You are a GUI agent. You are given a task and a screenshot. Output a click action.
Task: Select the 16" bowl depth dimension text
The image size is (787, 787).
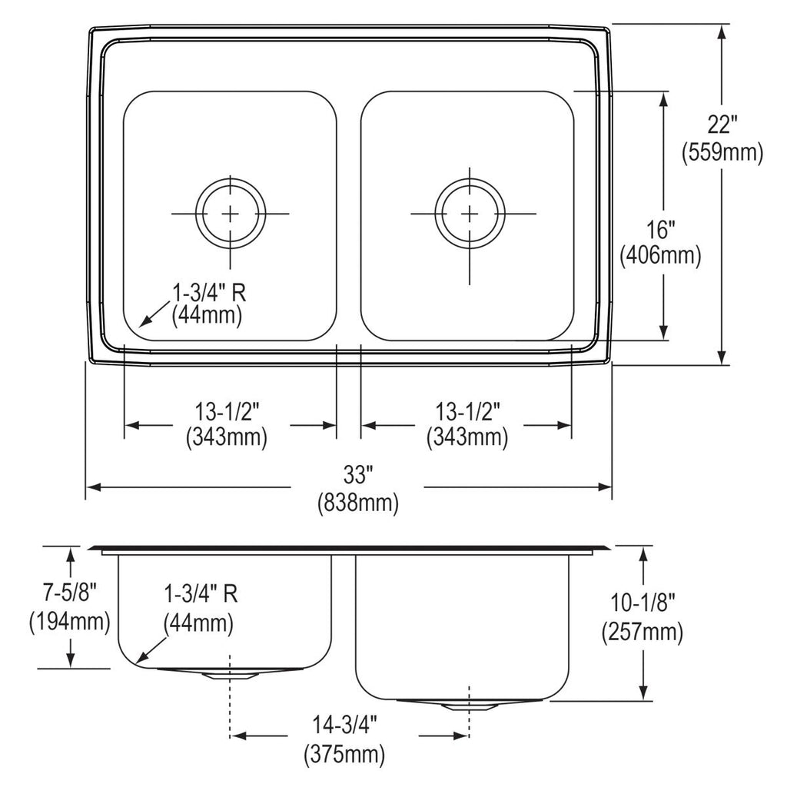[660, 230]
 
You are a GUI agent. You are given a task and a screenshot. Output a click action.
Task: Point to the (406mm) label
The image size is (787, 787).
[660, 257]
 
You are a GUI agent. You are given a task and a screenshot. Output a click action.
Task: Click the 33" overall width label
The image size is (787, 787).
[358, 474]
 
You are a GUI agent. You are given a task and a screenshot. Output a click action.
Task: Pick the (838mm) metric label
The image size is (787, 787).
[358, 502]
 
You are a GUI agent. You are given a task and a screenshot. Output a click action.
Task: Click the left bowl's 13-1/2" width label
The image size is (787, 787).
[227, 413]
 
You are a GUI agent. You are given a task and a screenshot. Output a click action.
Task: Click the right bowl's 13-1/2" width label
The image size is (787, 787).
[467, 413]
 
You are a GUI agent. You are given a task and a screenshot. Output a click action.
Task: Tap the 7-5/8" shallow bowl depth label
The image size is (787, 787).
[69, 593]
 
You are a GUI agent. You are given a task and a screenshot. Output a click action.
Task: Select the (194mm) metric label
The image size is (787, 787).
[69, 623]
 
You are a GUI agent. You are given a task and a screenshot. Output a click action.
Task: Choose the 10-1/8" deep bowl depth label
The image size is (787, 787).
[643, 603]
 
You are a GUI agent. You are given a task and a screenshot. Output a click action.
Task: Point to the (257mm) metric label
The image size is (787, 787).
[643, 632]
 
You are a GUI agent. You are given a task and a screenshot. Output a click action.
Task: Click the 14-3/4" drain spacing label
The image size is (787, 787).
[344, 725]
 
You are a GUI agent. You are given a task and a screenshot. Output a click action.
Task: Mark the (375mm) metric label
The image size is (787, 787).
[344, 753]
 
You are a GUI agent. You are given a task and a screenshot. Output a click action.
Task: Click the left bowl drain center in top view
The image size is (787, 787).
[231, 214]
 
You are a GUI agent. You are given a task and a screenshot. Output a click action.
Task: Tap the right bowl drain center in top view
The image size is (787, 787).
[470, 214]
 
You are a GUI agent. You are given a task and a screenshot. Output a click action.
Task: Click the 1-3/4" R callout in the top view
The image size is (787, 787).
[209, 293]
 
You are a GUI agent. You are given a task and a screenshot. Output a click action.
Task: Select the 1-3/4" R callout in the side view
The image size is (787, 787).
[201, 595]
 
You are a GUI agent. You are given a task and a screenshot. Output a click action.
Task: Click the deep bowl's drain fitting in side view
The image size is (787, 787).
[470, 706]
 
